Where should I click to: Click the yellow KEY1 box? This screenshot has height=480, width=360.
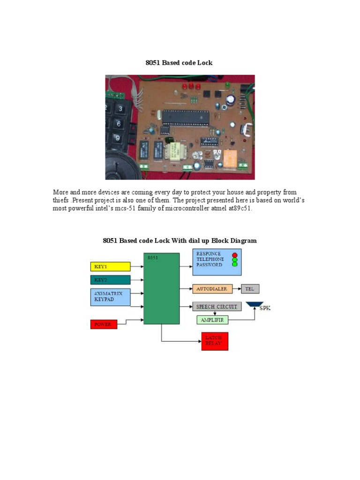(x=110, y=267)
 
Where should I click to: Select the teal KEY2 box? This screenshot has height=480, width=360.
(x=110, y=280)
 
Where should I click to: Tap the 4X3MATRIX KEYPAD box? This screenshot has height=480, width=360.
(x=110, y=297)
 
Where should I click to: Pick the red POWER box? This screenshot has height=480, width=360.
(x=104, y=324)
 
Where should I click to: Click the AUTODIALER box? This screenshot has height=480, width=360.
(x=212, y=289)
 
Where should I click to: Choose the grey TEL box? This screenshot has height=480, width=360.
(x=250, y=289)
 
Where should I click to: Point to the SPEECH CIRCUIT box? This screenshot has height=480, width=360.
(x=217, y=307)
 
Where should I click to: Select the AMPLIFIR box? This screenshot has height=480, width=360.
(x=212, y=320)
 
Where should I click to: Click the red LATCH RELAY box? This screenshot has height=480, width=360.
(x=215, y=341)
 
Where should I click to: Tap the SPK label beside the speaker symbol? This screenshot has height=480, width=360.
(x=265, y=308)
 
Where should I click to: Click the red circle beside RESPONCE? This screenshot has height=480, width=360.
(x=234, y=255)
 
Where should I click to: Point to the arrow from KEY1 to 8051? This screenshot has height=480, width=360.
(x=137, y=267)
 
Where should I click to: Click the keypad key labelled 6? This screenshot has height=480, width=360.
(x=119, y=124)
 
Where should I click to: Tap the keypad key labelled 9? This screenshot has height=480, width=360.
(x=118, y=138)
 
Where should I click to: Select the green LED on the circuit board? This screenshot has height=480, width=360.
(x=227, y=85)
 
